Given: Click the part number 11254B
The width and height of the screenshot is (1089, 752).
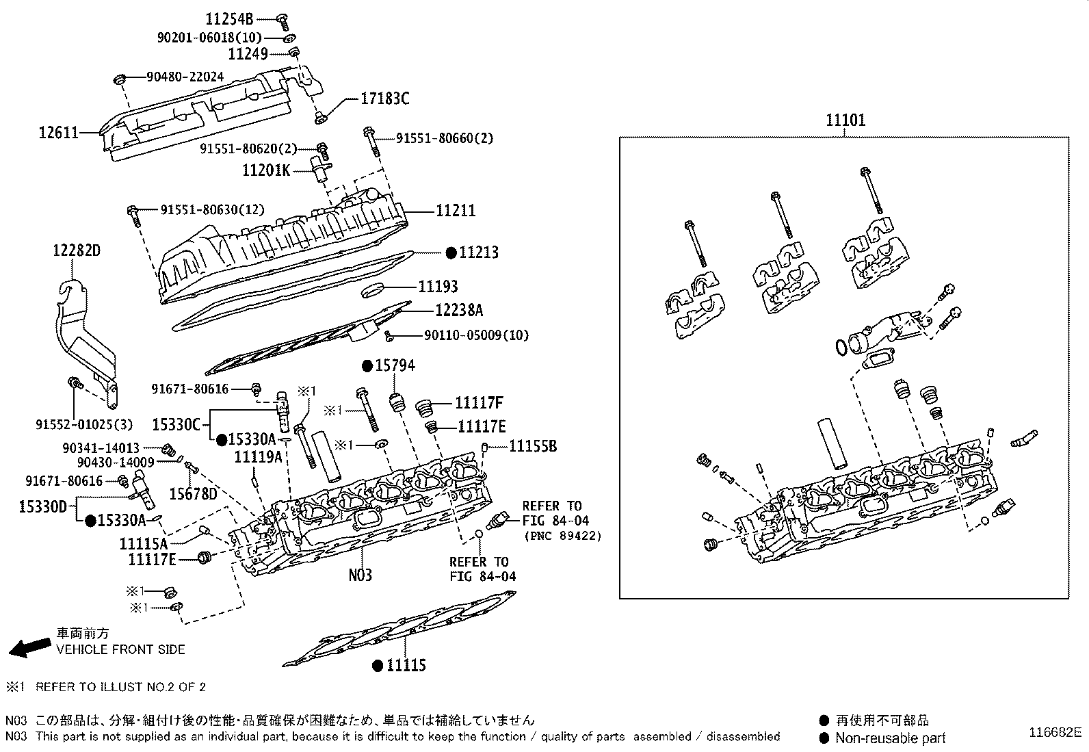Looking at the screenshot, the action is click(229, 19).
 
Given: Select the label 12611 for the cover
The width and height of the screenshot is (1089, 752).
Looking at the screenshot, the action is click(58, 132).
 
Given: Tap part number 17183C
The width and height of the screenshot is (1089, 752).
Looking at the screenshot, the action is click(384, 99).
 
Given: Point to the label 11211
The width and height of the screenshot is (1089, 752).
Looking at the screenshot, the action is click(456, 211).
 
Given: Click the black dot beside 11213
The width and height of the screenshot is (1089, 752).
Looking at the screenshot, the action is click(451, 253).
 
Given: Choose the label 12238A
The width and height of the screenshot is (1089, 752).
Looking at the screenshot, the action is click(459, 310).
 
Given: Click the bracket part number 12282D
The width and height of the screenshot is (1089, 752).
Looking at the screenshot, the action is click(77, 250).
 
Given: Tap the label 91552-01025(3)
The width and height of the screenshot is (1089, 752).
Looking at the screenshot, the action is click(83, 425).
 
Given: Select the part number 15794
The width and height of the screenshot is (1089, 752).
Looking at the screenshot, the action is click(395, 365).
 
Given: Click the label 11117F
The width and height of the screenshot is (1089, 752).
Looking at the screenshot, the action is click(479, 403).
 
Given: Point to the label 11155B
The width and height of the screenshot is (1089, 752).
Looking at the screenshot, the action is click(533, 446).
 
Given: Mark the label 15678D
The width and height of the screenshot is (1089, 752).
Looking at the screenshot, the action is click(193, 494).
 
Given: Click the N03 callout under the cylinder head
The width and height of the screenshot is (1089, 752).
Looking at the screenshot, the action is click(360, 575).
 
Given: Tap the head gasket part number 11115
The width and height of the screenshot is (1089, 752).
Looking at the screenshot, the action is click(406, 665).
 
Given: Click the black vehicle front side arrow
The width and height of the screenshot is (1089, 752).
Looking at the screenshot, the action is click(30, 647).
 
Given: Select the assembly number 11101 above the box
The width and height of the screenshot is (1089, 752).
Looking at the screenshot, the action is click(845, 120).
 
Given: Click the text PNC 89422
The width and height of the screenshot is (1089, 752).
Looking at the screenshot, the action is click(563, 536).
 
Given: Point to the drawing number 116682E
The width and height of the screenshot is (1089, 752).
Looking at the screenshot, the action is click(1055, 732).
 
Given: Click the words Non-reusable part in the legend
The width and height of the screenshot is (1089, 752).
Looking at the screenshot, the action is click(890, 738).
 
